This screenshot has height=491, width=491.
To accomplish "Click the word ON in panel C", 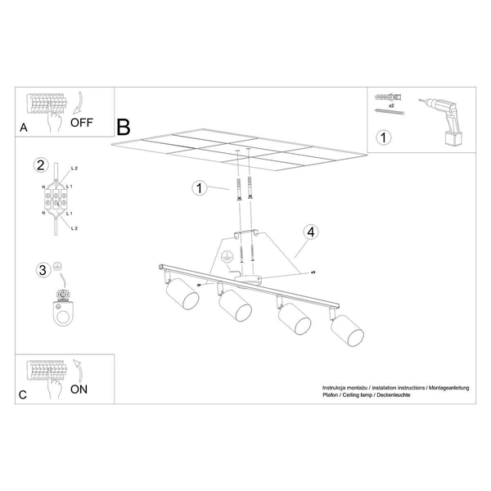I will point(79,390).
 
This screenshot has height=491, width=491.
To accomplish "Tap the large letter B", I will point(124,127).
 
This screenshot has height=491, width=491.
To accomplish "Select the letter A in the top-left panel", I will point(23,128).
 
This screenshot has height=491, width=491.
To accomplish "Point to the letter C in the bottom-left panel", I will point(23,394).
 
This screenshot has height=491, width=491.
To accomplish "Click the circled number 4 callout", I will point(309,232).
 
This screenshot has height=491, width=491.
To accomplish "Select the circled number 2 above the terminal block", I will point(39,165).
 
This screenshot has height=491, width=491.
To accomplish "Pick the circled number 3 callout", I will point(41,269).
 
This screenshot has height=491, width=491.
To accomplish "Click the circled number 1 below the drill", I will point(382,137).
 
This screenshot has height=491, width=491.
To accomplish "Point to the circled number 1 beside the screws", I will point(198,189).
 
